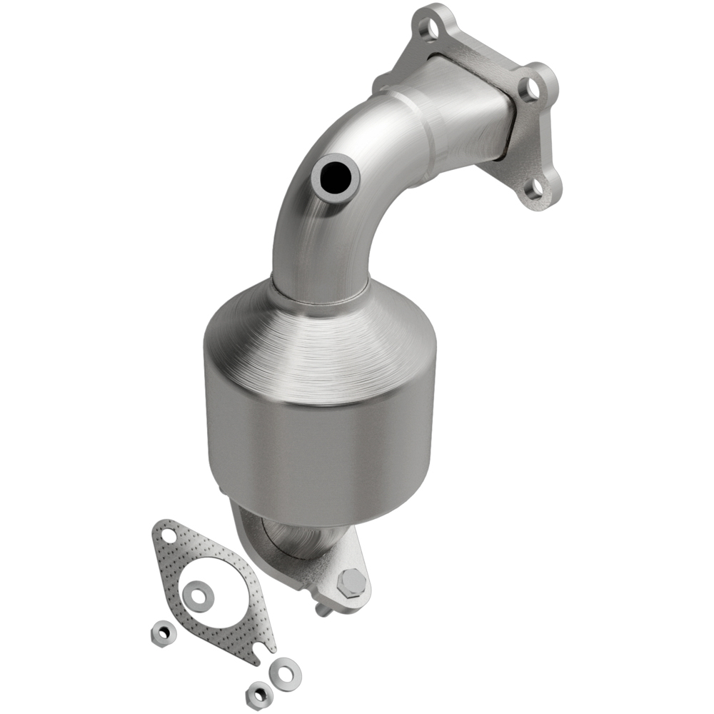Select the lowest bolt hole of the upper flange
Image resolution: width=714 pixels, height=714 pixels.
[535, 188]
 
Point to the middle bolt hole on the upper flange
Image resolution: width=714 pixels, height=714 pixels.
[531, 89]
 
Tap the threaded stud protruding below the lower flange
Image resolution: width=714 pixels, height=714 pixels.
[323, 608]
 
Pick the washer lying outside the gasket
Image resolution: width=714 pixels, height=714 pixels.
[285, 673]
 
